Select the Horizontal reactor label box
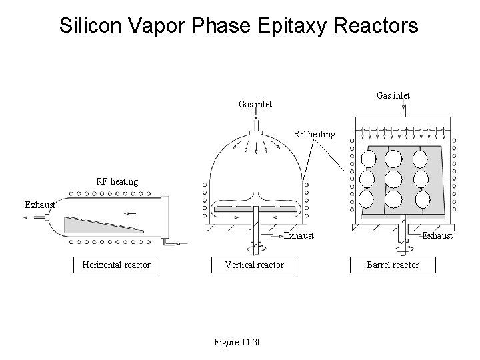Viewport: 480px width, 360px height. tap(116, 265)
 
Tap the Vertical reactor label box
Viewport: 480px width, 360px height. tap(254, 265)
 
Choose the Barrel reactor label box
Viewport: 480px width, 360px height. tap(393, 265)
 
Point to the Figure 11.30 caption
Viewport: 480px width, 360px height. tap(238, 342)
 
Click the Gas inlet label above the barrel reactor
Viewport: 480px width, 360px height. tap(393, 95)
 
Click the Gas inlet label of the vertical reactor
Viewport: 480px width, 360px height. tap(255, 104)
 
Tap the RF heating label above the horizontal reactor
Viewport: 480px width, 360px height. tap(117, 181)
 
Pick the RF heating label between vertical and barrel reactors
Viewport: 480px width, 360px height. tap(315, 134)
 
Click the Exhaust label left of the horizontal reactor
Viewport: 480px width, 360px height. tap(39, 205)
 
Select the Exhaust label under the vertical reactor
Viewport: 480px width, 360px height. tap(299, 235)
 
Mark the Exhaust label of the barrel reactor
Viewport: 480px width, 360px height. tap(437, 235)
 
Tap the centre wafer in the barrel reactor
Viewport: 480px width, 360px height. tap(393, 179)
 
